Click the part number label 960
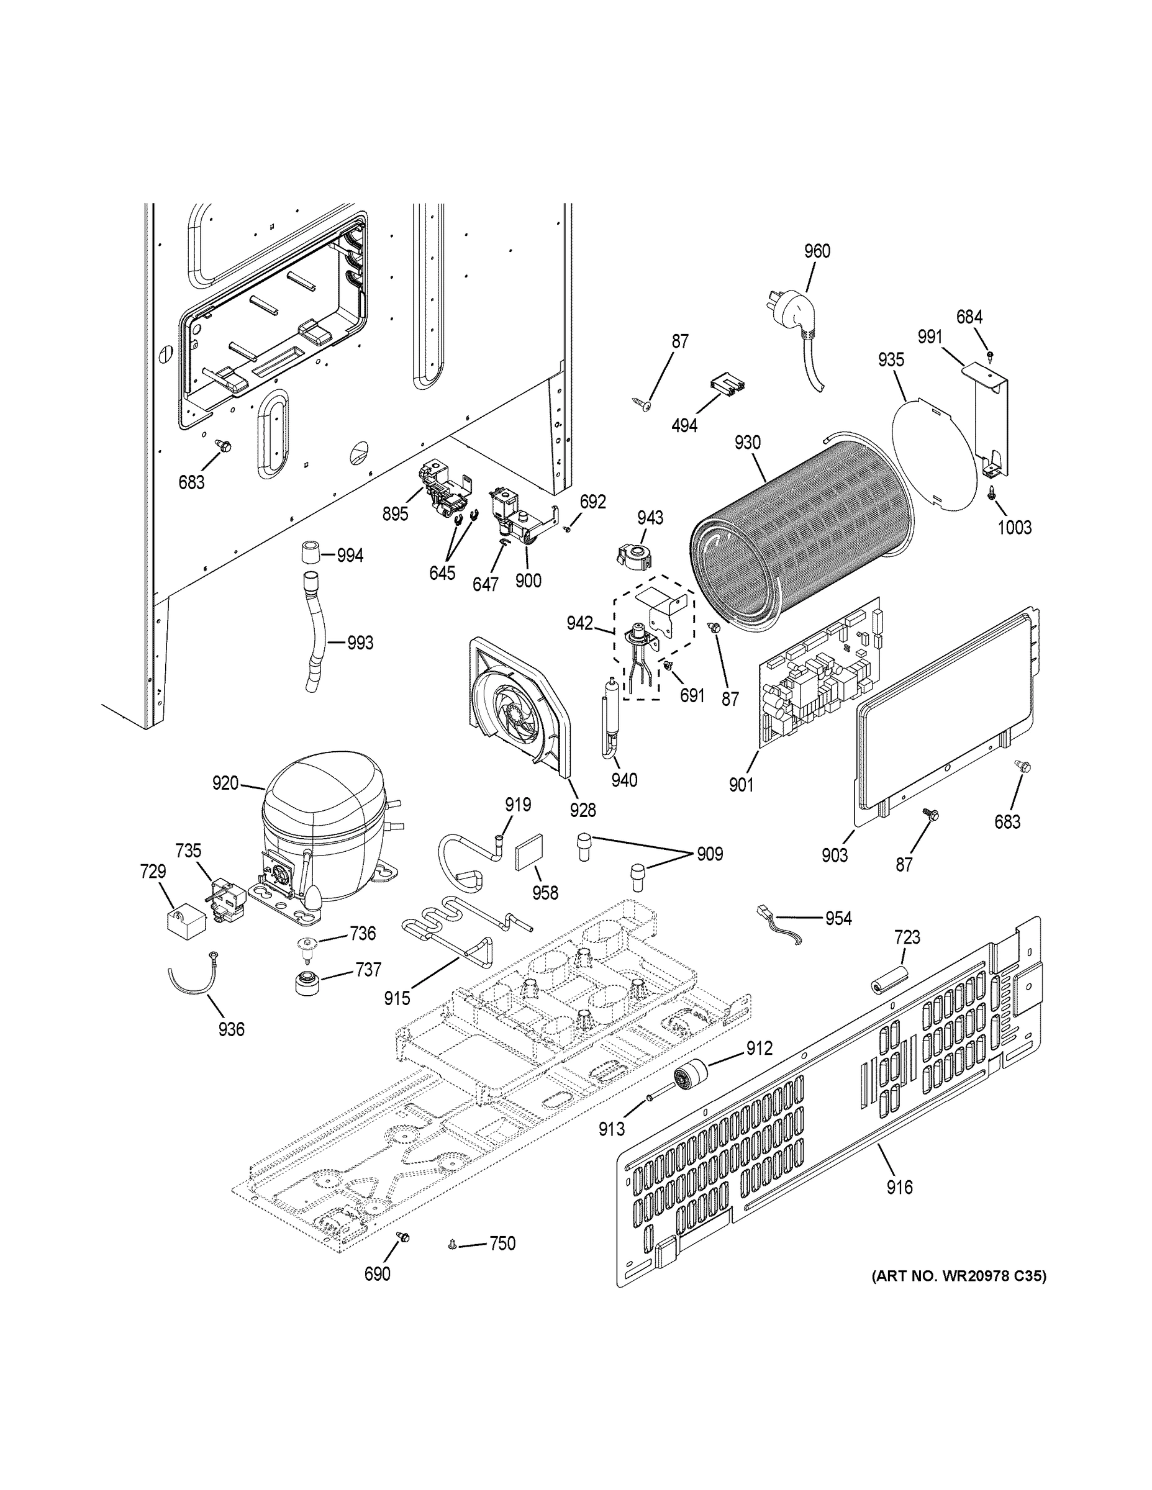coord(816,251)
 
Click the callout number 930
coord(747,442)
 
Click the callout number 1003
coord(1014,526)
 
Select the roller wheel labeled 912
coord(689,1078)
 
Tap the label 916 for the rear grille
coord(899,1188)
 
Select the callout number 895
coord(395,513)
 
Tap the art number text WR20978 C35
coord(958,1276)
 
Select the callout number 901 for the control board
coord(740,785)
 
